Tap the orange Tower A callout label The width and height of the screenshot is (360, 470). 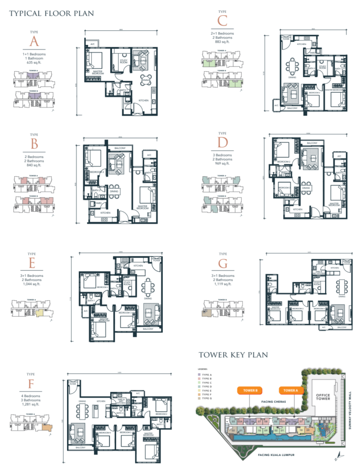(x=291, y=391)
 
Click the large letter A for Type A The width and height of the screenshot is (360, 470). (x=33, y=42)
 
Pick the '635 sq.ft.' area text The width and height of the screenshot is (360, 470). (x=34, y=63)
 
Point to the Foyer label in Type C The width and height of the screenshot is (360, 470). (x=286, y=39)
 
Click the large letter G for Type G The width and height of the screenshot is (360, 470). (x=223, y=265)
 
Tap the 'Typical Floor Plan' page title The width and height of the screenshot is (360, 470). (x=51, y=13)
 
